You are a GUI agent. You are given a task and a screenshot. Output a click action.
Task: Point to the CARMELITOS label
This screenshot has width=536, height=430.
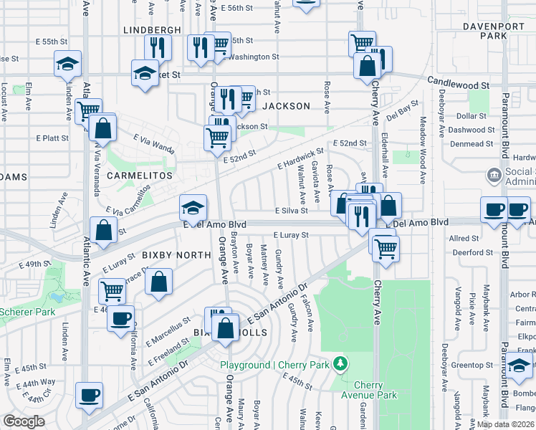(140, 175)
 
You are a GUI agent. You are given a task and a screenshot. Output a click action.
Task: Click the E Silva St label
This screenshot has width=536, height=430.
(291, 211)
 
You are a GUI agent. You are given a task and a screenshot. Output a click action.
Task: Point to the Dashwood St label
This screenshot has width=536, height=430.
(475, 130)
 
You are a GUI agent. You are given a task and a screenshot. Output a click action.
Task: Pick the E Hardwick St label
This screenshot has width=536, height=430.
(300, 160)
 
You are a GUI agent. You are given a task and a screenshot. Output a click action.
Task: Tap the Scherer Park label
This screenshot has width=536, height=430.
(27, 312)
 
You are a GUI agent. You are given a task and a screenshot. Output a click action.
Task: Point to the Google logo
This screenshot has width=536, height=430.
(24, 421)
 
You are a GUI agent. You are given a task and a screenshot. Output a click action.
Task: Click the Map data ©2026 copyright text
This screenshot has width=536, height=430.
(505, 424)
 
